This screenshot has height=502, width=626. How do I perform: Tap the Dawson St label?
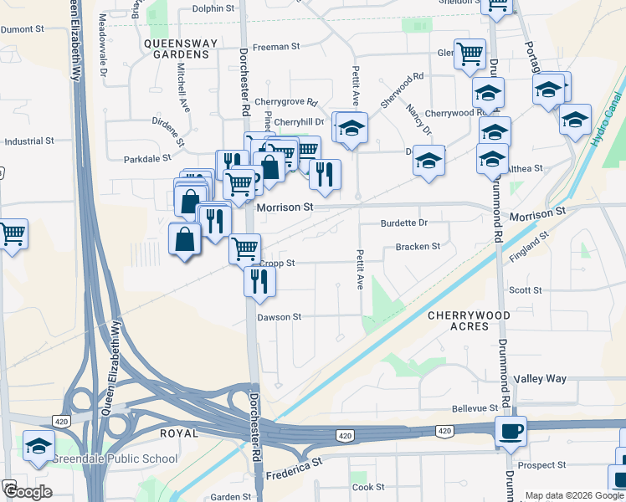click(279, 317)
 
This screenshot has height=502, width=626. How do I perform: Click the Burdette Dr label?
click(403, 223)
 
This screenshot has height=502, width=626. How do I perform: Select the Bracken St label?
click(418, 247)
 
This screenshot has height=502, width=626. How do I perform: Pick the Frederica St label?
click(294, 468)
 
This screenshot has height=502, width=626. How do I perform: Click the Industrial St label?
click(29, 141)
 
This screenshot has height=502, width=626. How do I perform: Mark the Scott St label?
click(526, 290)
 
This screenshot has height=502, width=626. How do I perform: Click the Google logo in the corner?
click(27, 493)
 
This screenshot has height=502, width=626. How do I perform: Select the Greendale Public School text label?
click(116, 458)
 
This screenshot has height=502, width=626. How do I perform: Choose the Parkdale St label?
click(147, 158)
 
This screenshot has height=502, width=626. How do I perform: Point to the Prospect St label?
click(541, 464)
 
